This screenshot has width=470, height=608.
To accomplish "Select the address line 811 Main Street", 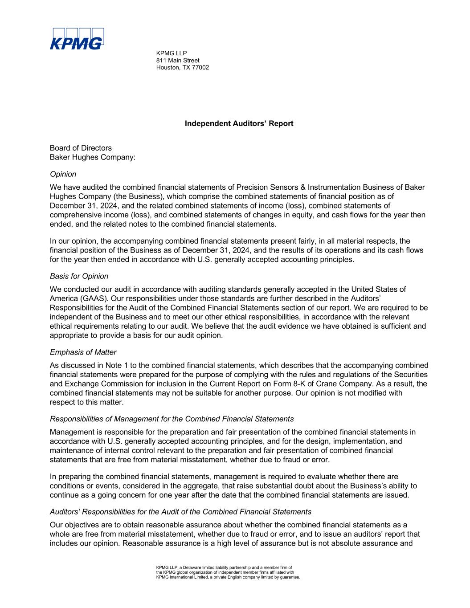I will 178,60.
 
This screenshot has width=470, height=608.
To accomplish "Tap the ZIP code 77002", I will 200,67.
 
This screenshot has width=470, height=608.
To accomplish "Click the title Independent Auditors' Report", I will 239,123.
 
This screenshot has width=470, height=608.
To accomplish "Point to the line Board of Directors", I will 81,148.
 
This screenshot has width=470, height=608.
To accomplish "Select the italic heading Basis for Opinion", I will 79,276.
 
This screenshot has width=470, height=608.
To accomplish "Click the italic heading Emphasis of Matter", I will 83,352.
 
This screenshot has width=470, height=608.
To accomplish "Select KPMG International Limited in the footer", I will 182,577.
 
